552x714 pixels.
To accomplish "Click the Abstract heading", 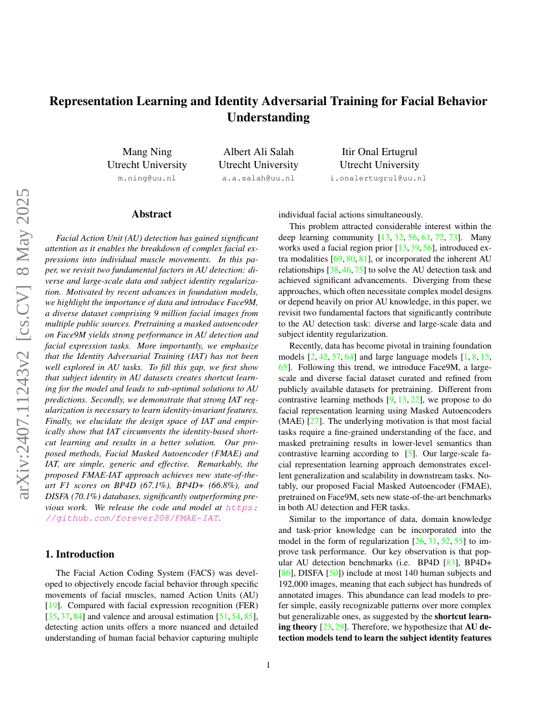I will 151,214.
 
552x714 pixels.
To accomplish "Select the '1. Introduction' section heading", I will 85,554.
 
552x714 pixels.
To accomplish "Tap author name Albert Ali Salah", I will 258,152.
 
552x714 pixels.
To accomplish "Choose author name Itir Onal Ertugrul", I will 379,152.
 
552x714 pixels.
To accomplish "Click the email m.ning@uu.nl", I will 147,178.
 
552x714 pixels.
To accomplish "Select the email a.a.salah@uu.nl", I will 258,178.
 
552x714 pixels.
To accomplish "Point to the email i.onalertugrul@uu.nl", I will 379,178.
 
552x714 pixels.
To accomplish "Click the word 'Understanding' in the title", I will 268,117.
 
